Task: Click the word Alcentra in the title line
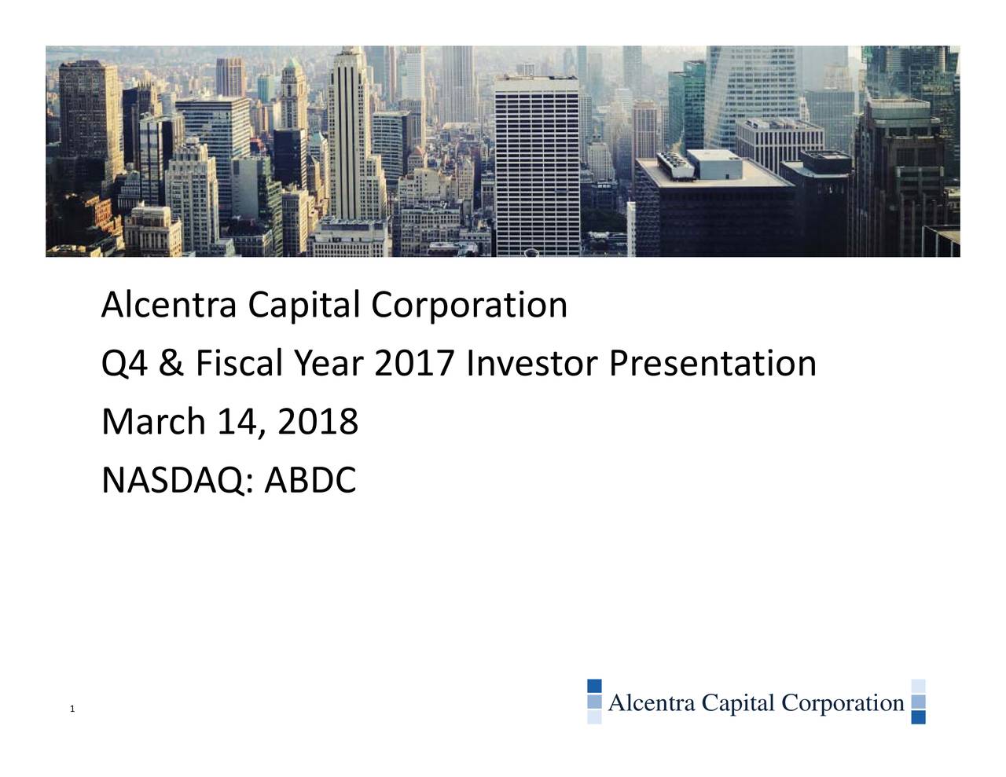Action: pyautogui.click(x=169, y=305)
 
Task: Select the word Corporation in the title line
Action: pyautogui.click(x=469, y=305)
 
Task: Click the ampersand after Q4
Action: pyautogui.click(x=170, y=364)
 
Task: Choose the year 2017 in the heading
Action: pyautogui.click(x=414, y=364)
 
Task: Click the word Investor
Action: pyautogui.click(x=531, y=364)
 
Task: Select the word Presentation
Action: pyautogui.click(x=713, y=364)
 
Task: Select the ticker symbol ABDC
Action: pyautogui.click(x=310, y=481)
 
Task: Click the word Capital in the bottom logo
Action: pyautogui.click(x=739, y=702)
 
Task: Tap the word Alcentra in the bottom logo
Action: pyautogui.click(x=652, y=702)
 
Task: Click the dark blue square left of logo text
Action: pyautogui.click(x=594, y=686)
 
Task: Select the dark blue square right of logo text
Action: pyautogui.click(x=918, y=717)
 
